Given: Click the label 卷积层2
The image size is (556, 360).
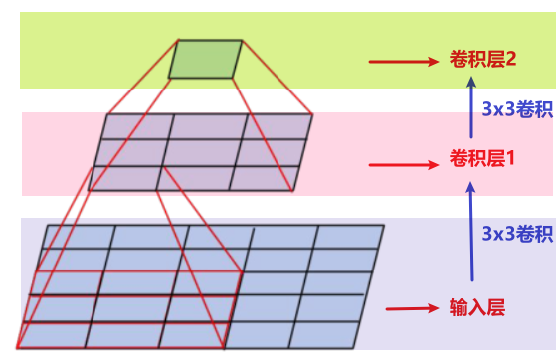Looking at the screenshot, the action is coord(482,59).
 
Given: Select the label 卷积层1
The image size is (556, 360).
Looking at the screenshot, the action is coord(481,158).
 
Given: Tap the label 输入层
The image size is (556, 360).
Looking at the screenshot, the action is coord(477,307).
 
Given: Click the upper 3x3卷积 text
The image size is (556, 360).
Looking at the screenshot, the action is coord(517,108).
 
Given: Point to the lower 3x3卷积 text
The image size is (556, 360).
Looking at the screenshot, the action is coord(517,234).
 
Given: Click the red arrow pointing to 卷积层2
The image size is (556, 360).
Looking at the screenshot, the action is coord(404,62).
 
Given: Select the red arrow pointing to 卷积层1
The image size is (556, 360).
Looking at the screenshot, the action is coord(404,165).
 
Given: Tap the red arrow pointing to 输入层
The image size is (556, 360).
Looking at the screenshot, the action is coord(413,308).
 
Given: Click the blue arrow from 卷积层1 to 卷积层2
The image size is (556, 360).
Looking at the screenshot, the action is coord(471,107).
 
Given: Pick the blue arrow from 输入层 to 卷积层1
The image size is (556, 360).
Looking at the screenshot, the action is coord(471,232).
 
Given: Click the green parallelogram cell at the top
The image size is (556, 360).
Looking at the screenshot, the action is coord(205,59).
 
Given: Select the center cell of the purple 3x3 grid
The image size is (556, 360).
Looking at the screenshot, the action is coord(200,153).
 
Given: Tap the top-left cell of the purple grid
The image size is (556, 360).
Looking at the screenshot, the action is coord(137,126).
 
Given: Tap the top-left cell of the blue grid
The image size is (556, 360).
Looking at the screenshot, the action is coord(79,237).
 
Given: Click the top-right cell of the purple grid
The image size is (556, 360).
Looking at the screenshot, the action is coord(276,126).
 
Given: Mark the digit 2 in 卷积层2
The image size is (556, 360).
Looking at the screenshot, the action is coord(511,59).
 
